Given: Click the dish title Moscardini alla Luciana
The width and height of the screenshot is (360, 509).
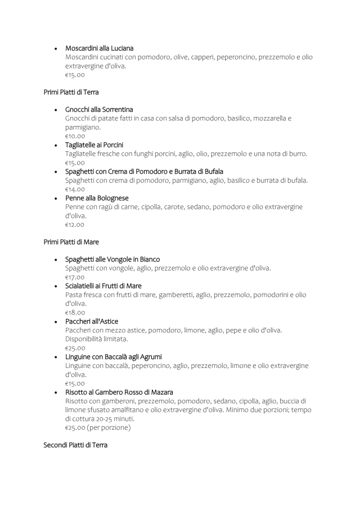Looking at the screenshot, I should (99, 48).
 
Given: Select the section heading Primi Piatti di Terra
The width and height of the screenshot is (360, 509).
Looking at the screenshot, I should (71, 92).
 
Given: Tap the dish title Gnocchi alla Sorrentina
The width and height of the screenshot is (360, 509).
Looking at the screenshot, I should (99, 109).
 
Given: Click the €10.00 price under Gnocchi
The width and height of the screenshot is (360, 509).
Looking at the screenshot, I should (75, 136).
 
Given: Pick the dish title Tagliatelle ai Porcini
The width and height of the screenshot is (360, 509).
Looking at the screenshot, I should (94, 145).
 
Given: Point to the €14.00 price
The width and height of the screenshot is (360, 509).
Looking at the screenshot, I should (75, 189).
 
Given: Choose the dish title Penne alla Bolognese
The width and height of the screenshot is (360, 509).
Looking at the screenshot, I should (97, 198).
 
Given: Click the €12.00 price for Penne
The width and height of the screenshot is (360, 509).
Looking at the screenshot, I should (75, 224).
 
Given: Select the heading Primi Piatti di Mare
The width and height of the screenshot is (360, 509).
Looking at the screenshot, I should (71, 242).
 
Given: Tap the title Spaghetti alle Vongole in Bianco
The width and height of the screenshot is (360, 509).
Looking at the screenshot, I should (112, 259).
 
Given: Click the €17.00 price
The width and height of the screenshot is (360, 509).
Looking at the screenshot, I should (75, 277).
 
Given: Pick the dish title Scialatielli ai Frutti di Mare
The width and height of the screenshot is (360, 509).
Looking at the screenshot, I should (103, 286).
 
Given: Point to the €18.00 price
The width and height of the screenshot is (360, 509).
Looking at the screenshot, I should (75, 313).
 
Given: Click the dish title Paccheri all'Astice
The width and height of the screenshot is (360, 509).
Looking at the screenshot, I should (92, 321).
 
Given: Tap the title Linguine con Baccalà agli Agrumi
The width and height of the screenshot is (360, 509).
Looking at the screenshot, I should (113, 357).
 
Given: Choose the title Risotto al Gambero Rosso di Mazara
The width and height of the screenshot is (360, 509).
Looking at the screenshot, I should (119, 392).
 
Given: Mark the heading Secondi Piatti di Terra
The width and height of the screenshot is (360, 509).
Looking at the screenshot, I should (75, 445).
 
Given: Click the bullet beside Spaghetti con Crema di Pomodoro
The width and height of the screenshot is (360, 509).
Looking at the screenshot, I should (56, 172).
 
